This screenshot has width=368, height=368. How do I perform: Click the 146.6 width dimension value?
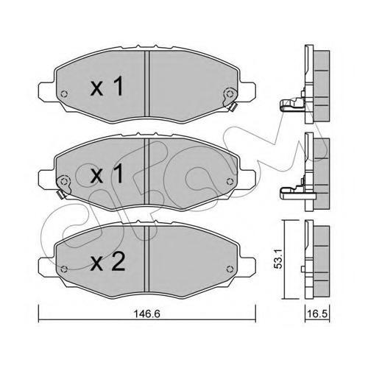click(146, 314)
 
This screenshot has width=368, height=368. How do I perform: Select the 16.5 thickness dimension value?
click(317, 314)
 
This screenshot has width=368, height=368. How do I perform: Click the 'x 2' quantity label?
click(108, 262)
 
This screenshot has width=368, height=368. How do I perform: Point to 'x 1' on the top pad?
click(107, 86)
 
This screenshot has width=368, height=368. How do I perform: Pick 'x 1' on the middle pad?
click(107, 174)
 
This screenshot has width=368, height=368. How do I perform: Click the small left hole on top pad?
click(64, 94)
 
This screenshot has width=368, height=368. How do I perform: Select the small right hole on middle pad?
click(230, 181)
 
